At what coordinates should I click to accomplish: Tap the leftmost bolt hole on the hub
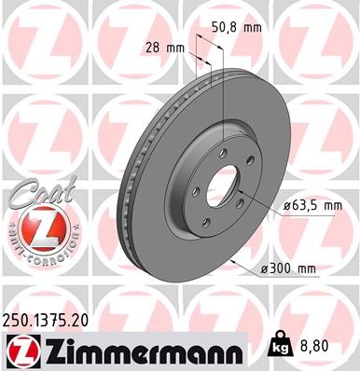(195, 193)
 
